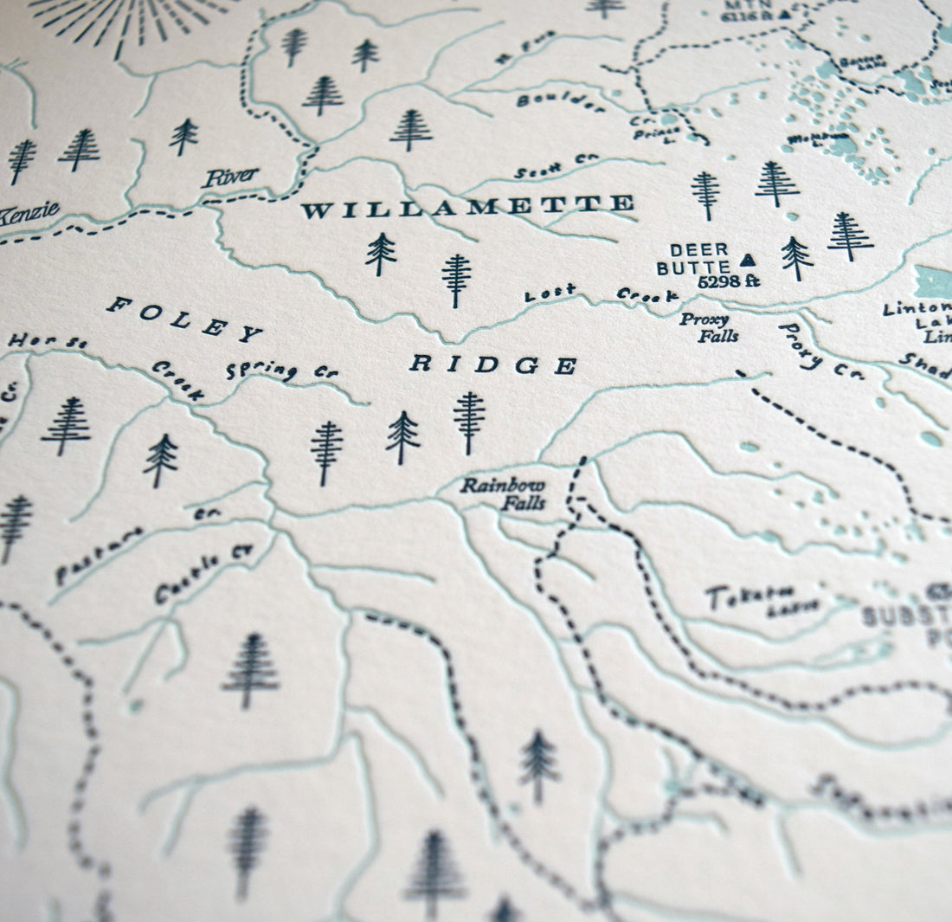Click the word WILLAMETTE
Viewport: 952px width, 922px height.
(467, 207)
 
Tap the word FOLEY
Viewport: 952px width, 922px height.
(184, 318)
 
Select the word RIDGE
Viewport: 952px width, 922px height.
(492, 364)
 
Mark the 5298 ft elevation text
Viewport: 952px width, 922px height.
(728, 281)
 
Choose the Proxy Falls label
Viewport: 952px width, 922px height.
(710, 327)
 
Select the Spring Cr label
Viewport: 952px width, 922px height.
(280, 371)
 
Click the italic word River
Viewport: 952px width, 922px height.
(230, 177)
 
